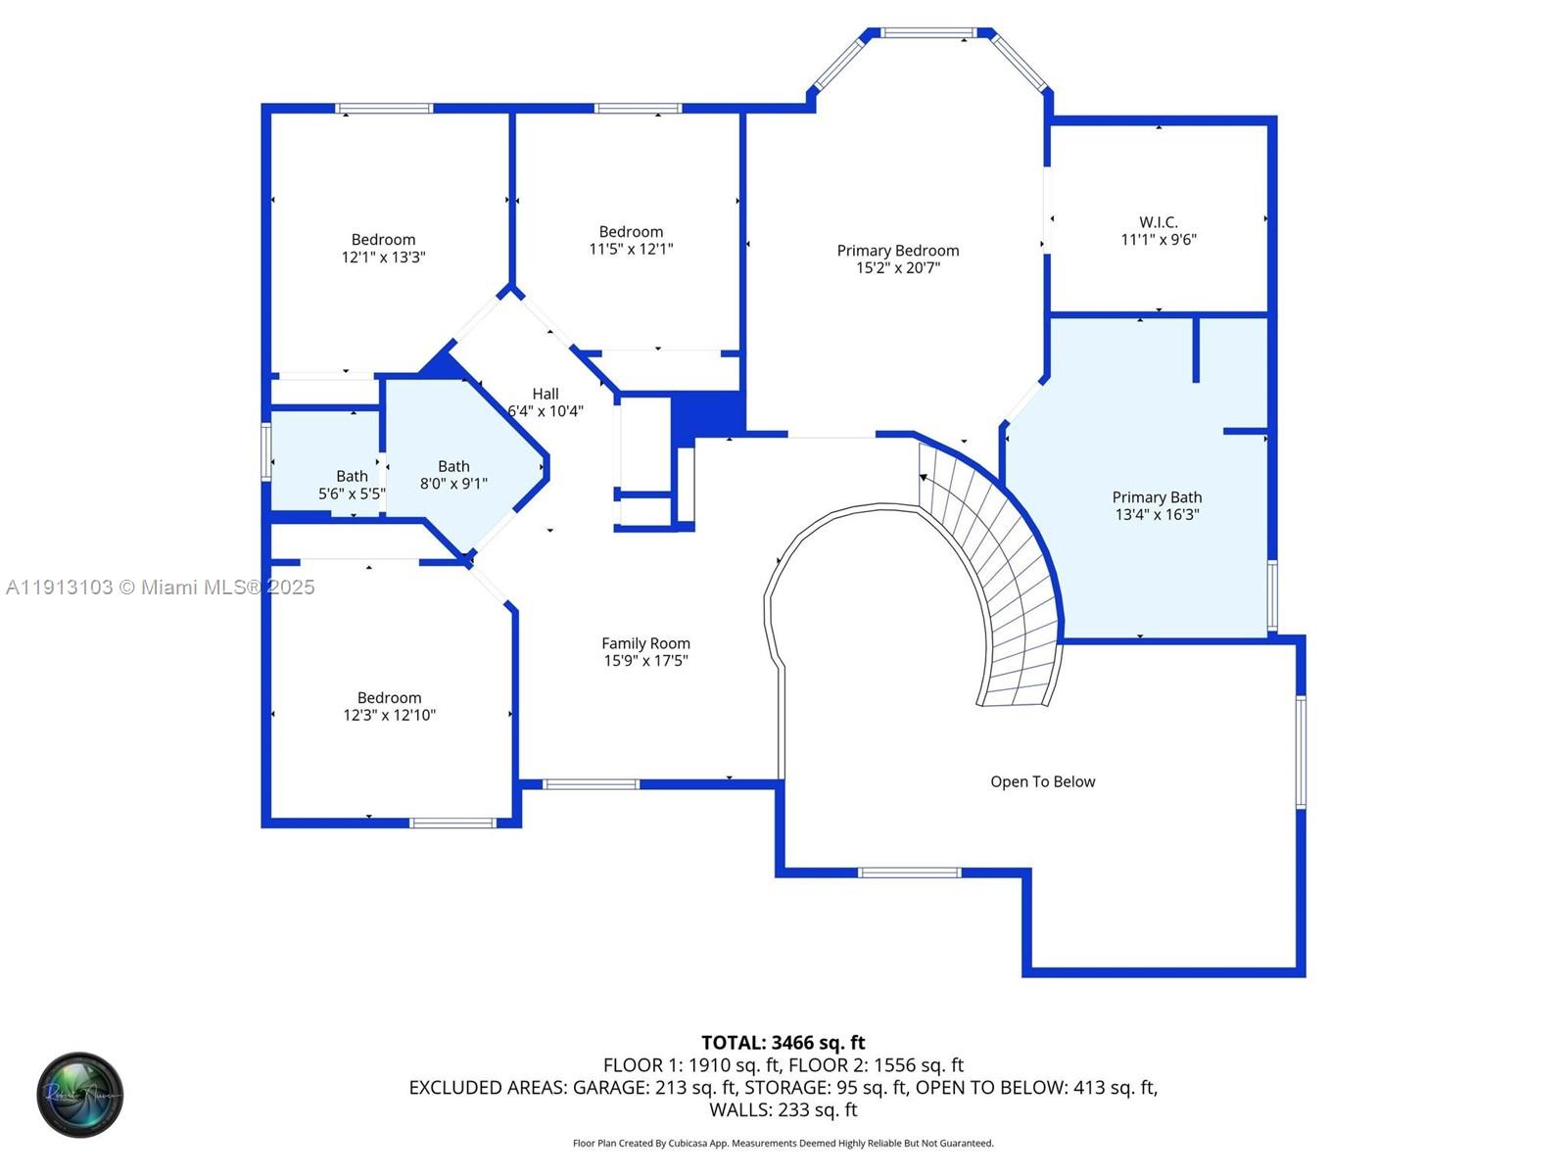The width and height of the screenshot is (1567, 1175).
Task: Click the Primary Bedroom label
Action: point(897,251)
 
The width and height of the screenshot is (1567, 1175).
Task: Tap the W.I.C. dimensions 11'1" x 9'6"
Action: point(1159,240)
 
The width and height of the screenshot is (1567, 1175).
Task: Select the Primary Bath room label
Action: point(1157,497)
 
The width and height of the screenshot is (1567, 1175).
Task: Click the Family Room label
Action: point(645,643)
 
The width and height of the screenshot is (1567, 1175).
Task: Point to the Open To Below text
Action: point(1042,781)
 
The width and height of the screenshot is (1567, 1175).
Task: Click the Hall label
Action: point(546,394)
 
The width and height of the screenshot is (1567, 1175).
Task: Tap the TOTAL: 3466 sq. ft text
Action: point(783,1043)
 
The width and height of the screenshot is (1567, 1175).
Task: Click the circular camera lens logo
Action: point(80,1095)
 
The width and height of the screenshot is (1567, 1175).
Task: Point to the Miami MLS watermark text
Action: point(160,587)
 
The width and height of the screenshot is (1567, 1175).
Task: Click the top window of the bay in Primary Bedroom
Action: point(927,33)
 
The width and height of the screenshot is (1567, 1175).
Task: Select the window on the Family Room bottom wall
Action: point(591,784)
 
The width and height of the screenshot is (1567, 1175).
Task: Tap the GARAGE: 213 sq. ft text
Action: point(654,1088)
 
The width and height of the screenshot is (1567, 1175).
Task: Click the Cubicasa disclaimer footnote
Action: point(783,1144)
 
